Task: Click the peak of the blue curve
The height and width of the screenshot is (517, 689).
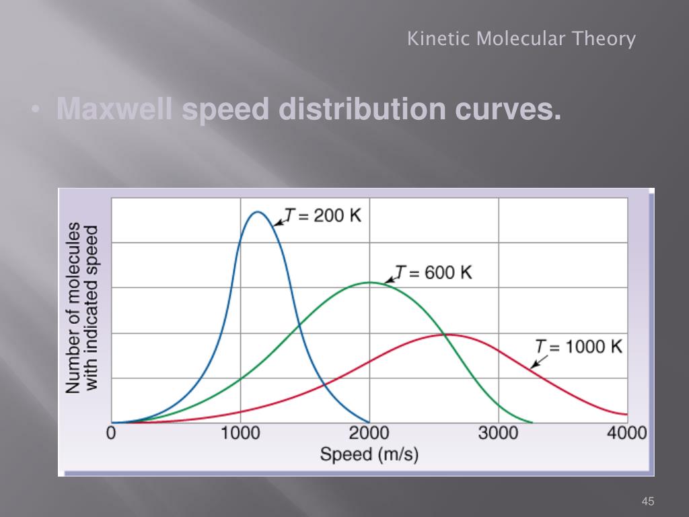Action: point(257,213)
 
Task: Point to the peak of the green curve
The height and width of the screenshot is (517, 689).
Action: point(369,282)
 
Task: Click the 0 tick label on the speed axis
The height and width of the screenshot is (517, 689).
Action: point(112,432)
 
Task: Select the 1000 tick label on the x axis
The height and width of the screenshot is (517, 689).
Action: point(240,432)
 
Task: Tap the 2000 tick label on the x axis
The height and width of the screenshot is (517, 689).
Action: point(369,432)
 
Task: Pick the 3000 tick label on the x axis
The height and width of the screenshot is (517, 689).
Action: point(498,432)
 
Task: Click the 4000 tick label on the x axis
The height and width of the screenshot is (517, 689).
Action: point(626,432)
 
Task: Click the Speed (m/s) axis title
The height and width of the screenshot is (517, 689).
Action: point(369,454)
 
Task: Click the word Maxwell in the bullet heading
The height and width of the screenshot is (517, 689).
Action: point(114,109)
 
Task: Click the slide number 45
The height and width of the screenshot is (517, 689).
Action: point(648,501)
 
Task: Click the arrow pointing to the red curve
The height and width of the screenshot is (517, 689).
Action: point(538,361)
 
